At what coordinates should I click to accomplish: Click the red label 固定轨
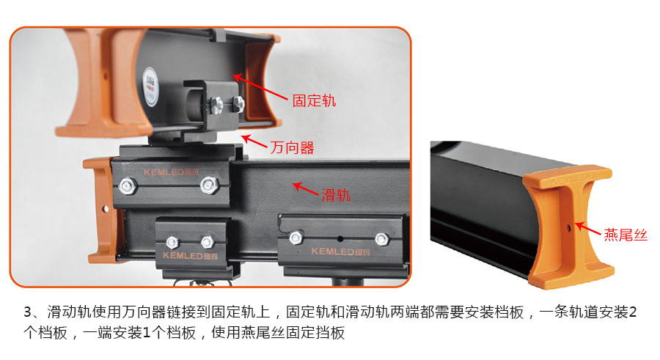pos(314,100)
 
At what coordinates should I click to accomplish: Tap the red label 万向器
pos(292,148)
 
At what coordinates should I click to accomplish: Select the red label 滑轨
pos(335,195)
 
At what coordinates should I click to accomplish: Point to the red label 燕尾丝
pos(626,234)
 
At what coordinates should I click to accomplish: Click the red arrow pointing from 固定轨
pos(260,87)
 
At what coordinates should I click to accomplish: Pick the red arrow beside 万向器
pos(254,141)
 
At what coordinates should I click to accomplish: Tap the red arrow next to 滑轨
pos(306,188)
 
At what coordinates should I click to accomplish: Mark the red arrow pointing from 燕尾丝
pos(587,229)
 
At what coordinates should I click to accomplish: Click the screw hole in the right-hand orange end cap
pos(568,228)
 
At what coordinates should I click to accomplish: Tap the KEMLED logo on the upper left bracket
pos(170,172)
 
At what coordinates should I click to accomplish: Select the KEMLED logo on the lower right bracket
pos(340,251)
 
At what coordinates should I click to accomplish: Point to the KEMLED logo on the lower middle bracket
pos(190,255)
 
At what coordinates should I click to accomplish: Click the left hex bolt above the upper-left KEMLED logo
pos(127,185)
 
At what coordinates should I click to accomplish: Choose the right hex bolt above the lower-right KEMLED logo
pos(381,239)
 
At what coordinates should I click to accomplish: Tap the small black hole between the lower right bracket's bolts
pos(340,239)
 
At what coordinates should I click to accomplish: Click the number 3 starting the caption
pos(28,312)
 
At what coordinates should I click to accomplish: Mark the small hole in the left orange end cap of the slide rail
pos(105,209)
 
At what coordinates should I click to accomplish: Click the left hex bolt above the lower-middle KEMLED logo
pos(172,242)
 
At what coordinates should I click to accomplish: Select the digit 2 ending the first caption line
pos(632,312)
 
